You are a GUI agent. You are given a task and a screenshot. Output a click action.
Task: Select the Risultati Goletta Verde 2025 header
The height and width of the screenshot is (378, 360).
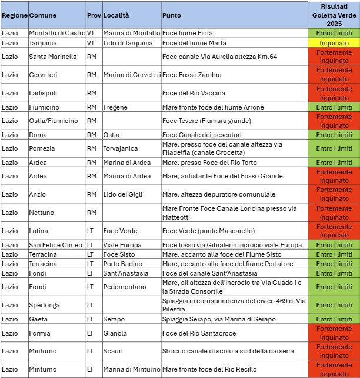(x=334, y=14)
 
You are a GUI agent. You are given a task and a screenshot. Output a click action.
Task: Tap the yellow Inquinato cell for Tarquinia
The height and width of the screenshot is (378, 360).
(x=334, y=43)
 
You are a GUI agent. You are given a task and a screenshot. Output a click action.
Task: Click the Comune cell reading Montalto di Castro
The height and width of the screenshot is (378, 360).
(x=57, y=33)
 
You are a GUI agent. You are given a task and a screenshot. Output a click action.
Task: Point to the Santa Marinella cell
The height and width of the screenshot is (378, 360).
(x=53, y=57)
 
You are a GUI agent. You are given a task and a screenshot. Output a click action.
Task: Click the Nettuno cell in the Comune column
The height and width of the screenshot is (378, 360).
(x=42, y=213)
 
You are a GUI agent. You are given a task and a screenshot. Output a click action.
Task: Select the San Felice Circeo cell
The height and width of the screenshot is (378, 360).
(x=56, y=245)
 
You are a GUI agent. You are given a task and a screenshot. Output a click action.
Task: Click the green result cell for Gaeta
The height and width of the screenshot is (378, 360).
(x=334, y=319)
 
